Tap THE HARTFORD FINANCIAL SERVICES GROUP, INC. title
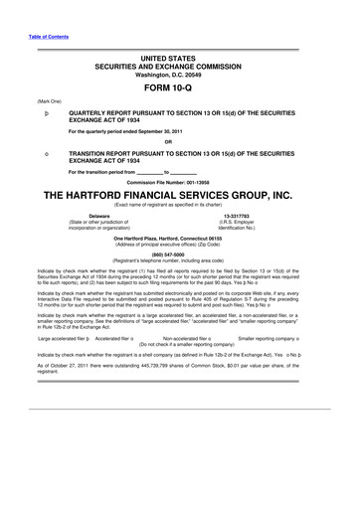click(180, 197)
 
